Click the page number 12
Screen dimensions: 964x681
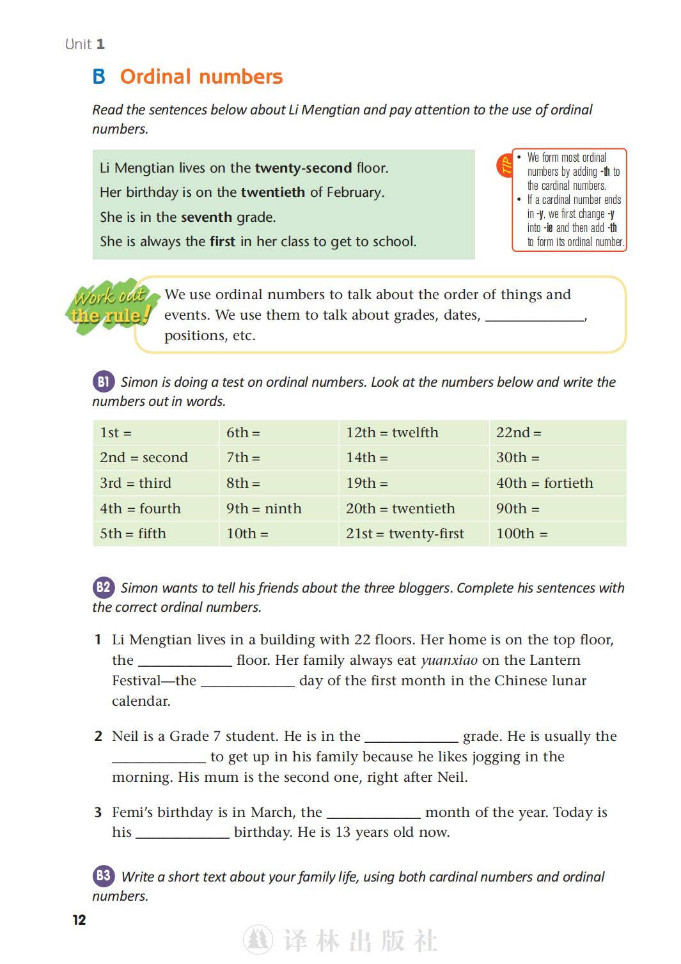click(79, 920)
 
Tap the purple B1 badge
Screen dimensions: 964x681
click(103, 382)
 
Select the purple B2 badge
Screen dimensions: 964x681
click(103, 587)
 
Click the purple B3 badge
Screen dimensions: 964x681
click(103, 876)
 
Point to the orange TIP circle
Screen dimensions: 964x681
click(506, 166)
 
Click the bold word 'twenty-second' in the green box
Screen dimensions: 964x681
click(303, 168)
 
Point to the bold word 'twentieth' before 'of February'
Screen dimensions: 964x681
click(273, 192)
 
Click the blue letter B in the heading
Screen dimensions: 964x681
click(99, 77)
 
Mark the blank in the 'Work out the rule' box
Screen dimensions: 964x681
click(535, 316)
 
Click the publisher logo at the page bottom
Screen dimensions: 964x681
click(258, 940)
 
